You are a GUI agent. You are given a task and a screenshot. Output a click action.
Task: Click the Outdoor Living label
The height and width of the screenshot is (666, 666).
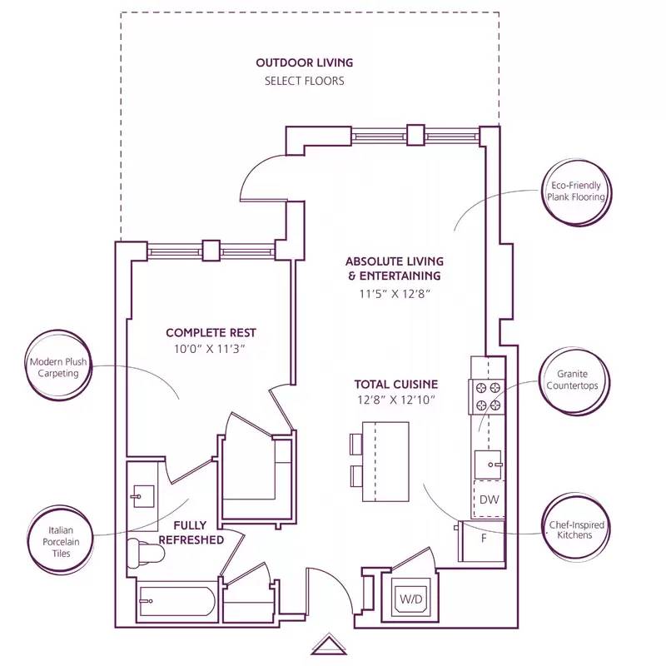point(304,62)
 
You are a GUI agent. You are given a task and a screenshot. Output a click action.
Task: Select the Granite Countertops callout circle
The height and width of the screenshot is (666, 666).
point(574,380)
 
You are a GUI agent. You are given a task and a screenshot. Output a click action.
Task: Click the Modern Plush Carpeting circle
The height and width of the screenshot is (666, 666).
point(58,367)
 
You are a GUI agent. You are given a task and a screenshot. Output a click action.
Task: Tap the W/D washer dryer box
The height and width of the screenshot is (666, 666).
point(409,598)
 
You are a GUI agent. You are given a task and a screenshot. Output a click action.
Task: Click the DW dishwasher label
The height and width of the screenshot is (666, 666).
point(489,499)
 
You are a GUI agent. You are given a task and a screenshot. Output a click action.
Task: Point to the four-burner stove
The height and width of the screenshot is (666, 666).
point(487,395)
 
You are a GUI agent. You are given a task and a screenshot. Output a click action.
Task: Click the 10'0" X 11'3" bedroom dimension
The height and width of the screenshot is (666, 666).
point(204,348)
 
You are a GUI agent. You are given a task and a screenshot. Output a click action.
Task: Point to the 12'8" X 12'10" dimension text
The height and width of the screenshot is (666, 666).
point(395,400)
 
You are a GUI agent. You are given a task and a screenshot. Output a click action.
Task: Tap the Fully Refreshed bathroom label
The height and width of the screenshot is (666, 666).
point(198,533)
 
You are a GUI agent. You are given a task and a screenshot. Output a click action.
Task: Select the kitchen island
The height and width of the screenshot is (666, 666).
point(386,461)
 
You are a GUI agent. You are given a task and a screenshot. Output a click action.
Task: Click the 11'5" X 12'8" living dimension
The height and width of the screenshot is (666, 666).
point(394,293)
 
